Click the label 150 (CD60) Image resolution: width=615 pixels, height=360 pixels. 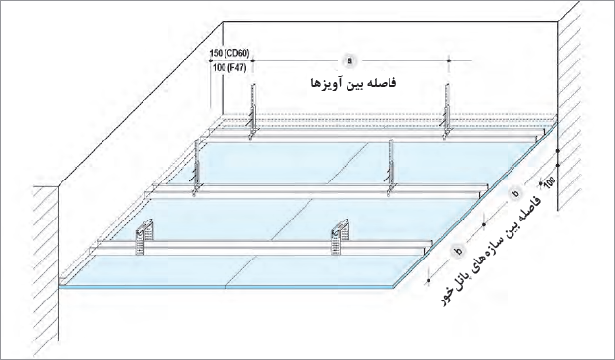(x=229, y=53)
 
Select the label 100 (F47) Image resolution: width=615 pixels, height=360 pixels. (x=229, y=68)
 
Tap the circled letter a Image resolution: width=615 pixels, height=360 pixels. (x=349, y=60)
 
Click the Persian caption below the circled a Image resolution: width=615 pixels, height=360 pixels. (x=353, y=83)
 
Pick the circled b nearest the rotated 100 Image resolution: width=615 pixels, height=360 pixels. (x=516, y=193)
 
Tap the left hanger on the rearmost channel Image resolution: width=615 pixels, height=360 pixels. (x=252, y=112)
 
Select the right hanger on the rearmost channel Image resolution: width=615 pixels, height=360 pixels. (x=446, y=112)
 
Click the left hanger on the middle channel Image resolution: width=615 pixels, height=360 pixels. (x=197, y=169)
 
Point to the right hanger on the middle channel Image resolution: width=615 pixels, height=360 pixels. (x=389, y=169)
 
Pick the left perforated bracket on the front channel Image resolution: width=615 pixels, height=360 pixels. (x=143, y=236)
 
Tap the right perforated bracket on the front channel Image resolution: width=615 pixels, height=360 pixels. (x=339, y=236)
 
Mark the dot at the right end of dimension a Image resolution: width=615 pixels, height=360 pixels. (x=449, y=60)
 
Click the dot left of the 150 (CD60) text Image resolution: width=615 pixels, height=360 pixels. (x=211, y=60)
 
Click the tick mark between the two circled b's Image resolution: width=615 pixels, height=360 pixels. (x=485, y=224)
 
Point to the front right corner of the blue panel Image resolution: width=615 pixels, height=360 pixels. (x=395, y=288)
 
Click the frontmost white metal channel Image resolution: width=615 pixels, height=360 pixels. (x=264, y=248)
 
